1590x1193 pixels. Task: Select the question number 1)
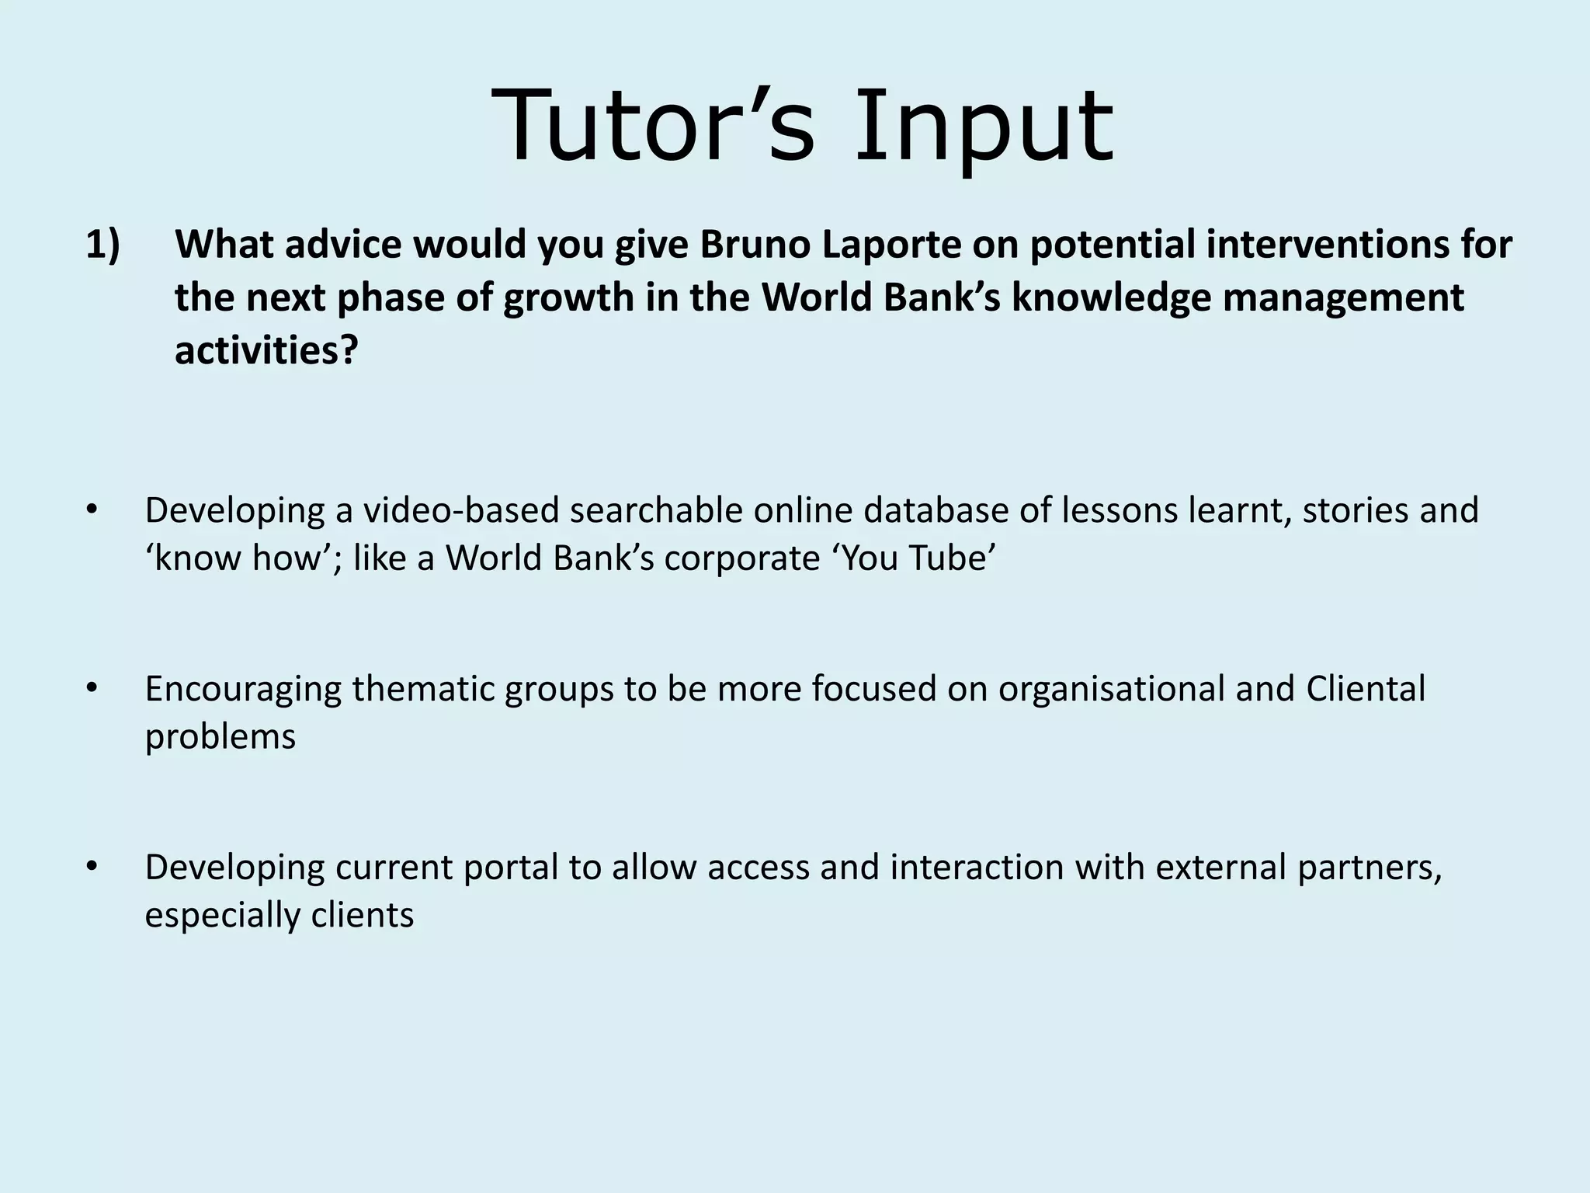pyautogui.click(x=102, y=245)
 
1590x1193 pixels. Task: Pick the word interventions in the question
pyautogui.click(x=1332, y=245)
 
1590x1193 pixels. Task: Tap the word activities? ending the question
pyautogui.click(x=266, y=351)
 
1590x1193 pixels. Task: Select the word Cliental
pyautogui.click(x=1366, y=689)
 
